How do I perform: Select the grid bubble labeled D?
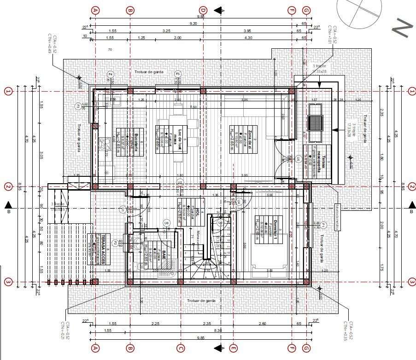202,10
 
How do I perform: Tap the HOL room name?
198,211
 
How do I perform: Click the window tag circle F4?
110,74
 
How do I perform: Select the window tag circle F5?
178,74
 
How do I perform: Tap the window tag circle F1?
323,225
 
